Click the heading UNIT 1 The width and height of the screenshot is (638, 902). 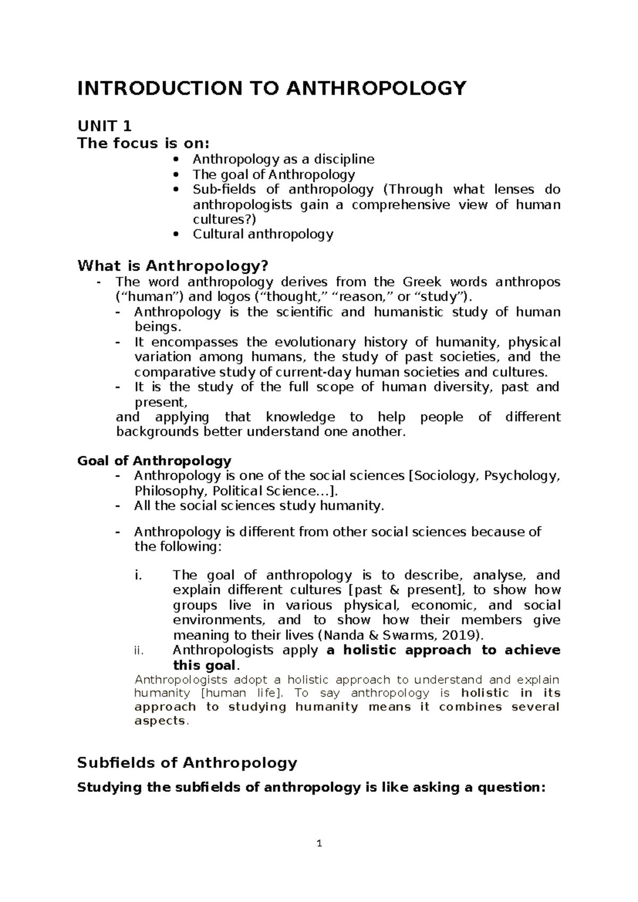(104, 126)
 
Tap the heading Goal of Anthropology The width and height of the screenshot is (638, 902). (154, 461)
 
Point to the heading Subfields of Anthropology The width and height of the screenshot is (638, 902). (187, 763)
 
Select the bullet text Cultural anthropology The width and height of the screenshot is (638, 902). (263, 234)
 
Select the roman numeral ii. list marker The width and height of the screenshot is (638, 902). (139, 650)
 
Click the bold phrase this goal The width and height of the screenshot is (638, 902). (204, 665)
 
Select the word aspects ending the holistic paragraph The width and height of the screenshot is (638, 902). (159, 721)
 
